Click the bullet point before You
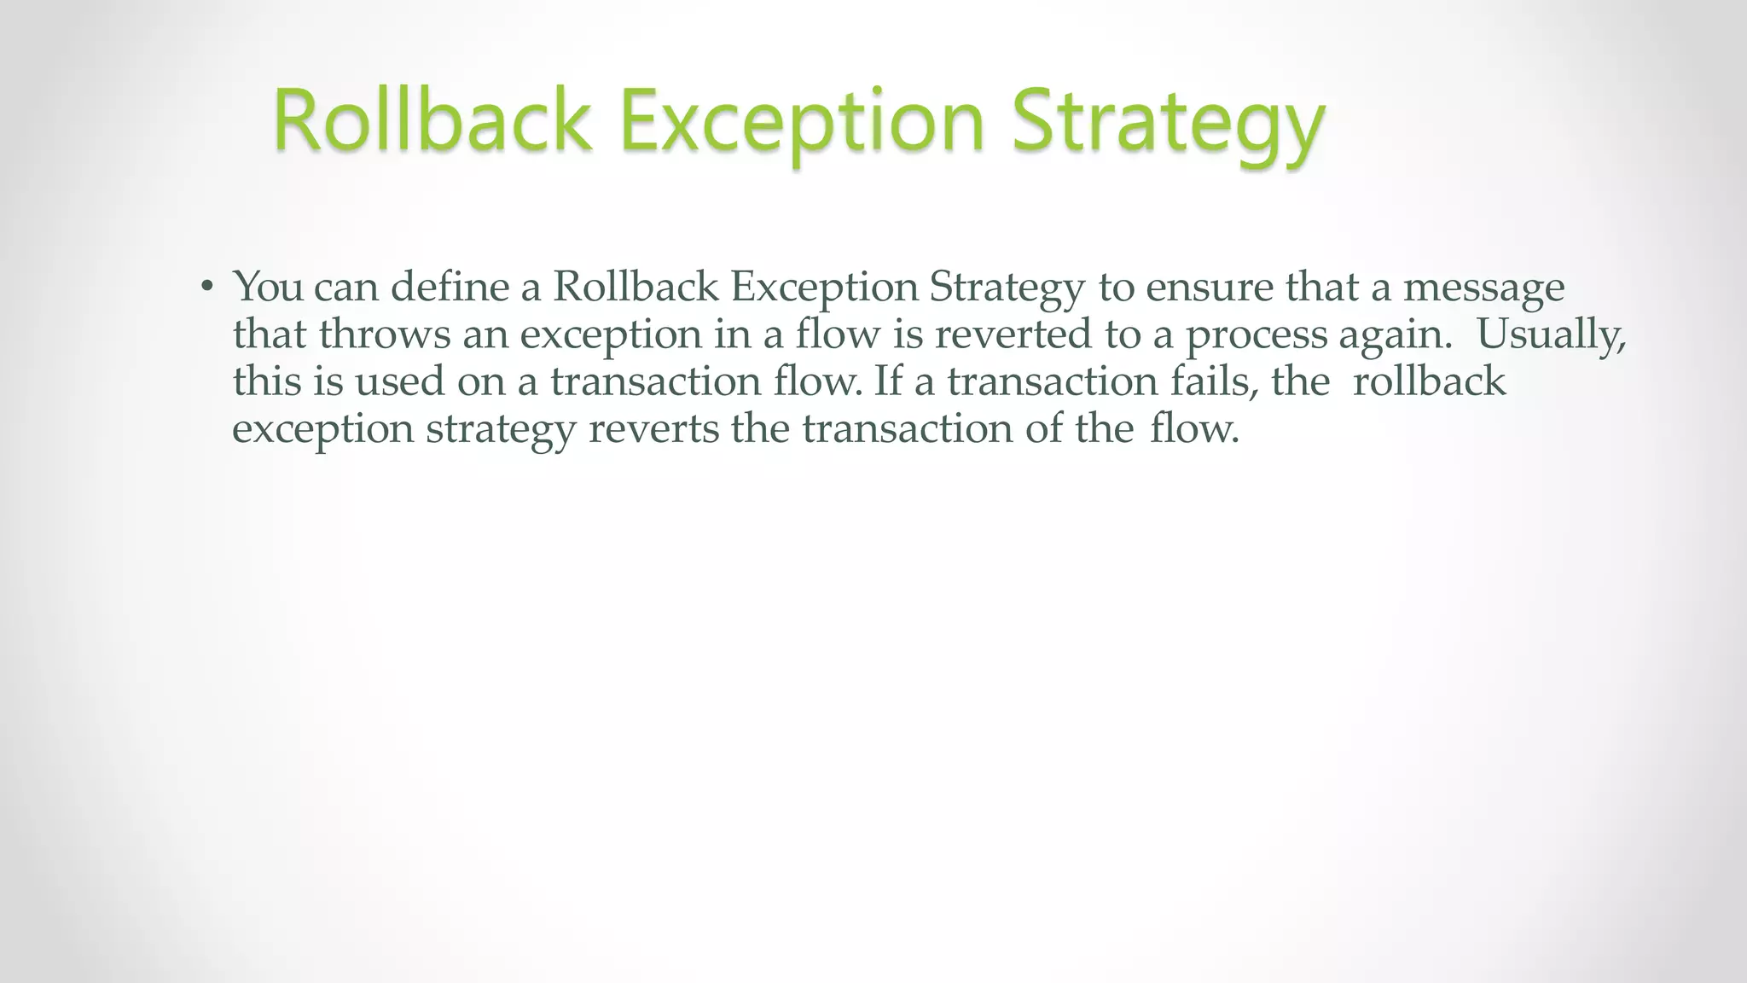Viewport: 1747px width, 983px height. (206, 288)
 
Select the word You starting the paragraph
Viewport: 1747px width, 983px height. (268, 286)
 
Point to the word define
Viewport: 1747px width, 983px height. (450, 286)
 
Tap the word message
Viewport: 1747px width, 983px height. (1483, 288)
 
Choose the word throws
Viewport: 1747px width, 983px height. (384, 334)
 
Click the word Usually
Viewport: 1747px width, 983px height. (1552, 334)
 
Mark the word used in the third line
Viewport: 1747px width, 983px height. (399, 381)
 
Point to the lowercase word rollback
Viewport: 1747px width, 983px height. (1429, 381)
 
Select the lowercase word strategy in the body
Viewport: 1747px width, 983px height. (501, 429)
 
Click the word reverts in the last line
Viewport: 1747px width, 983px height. (653, 428)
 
